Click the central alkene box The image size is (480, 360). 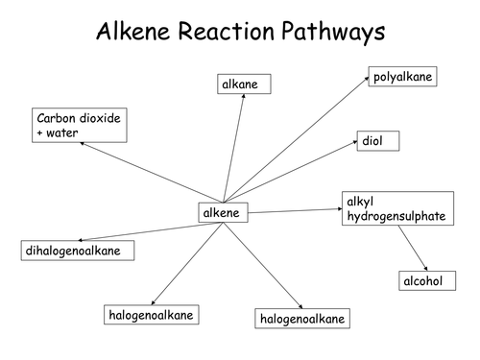222,212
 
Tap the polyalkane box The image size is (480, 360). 403,77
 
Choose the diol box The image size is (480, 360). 378,141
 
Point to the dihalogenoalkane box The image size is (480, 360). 78,251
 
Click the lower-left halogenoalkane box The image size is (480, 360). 150,314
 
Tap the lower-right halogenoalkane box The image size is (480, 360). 300,317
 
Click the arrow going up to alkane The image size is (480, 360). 234,149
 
